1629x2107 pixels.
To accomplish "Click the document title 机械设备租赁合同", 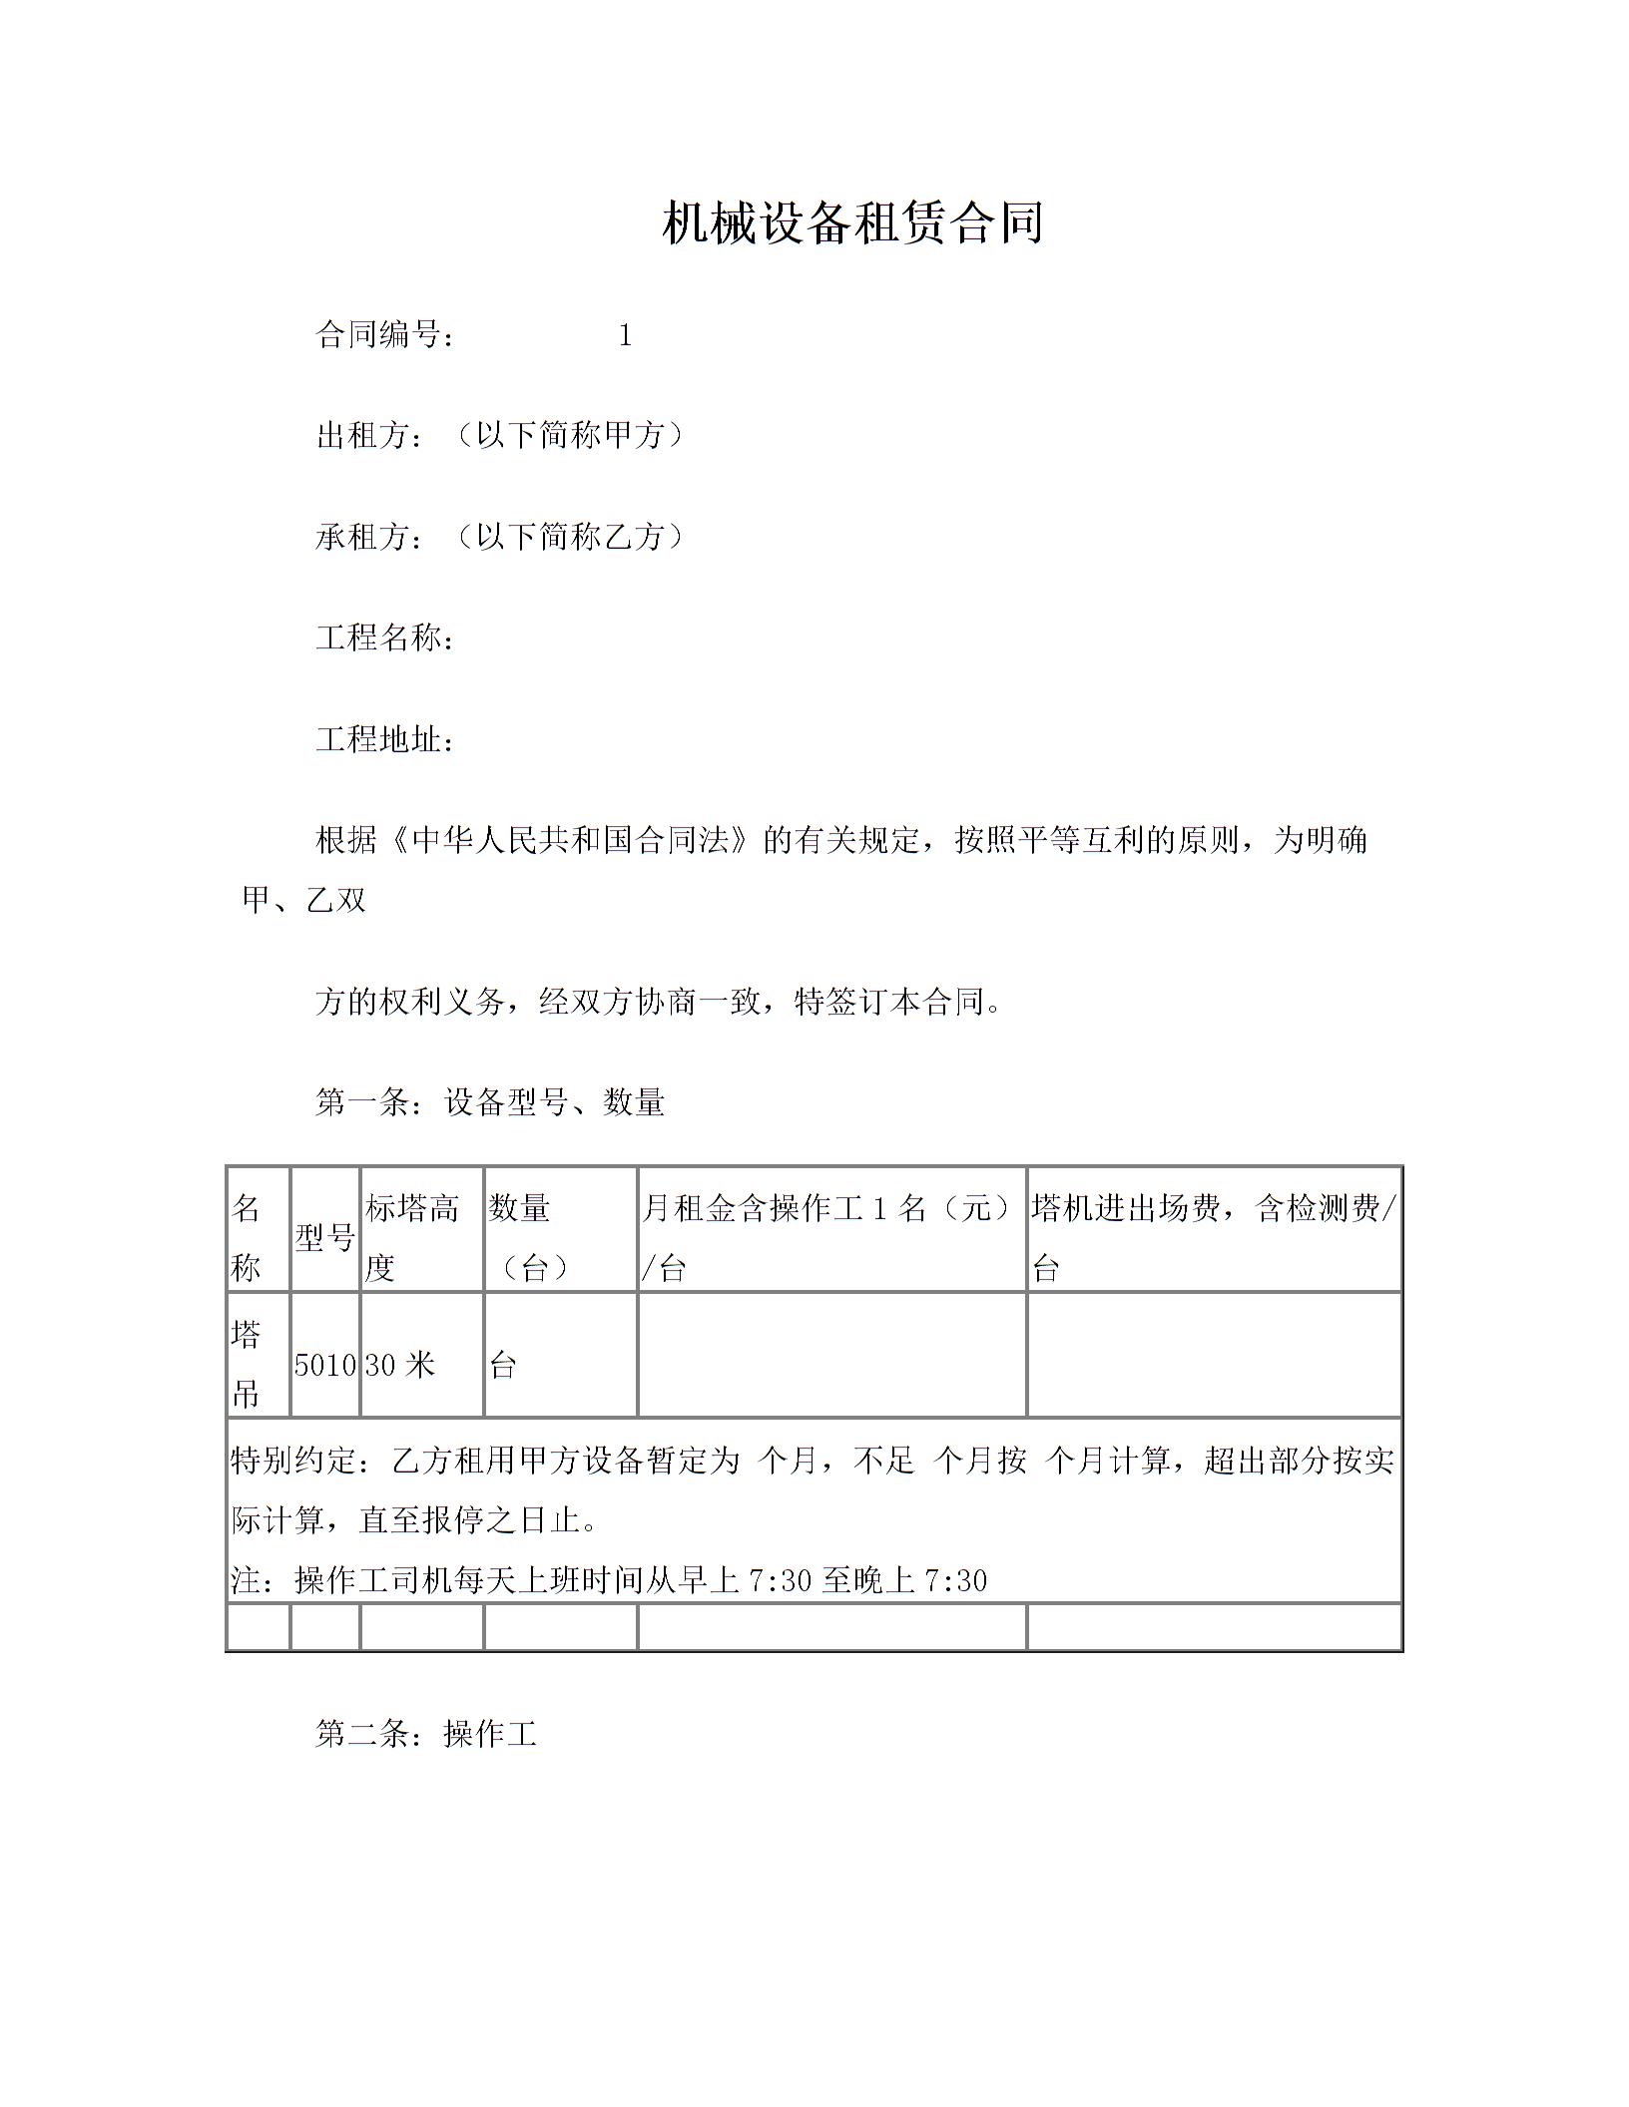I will coord(852,222).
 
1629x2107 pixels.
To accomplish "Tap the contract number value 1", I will coord(625,336).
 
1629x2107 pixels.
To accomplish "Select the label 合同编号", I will coord(379,335).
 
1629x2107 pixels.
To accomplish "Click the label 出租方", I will coord(363,436).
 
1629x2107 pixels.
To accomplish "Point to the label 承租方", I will coord(363,538).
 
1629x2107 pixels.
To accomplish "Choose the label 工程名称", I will coord(379,638).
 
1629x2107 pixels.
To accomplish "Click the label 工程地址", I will coord(379,740).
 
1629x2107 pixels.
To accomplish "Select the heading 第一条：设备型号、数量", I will coord(490,1102).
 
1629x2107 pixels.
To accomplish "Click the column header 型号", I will coord(325,1238).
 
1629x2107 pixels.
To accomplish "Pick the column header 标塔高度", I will coord(411,1238).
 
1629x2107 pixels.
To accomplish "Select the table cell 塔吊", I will coord(247,1364).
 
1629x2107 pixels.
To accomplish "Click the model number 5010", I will coord(325,1365).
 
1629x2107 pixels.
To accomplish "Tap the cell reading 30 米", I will coord(400,1365).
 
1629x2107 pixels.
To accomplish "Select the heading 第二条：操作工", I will coord(426,1735).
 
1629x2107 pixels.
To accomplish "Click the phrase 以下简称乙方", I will coord(570,538).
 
